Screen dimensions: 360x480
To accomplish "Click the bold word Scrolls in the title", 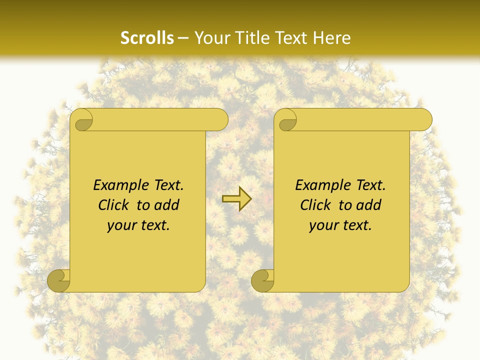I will pyautogui.click(x=147, y=38).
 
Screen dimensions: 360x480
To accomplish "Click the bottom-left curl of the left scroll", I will pyautogui.click(x=59, y=281).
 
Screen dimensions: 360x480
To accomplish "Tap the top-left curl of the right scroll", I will pyautogui.click(x=287, y=120).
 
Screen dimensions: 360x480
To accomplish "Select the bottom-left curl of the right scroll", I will pyautogui.click(x=263, y=281).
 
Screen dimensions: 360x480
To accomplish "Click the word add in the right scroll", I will pyautogui.click(x=369, y=205).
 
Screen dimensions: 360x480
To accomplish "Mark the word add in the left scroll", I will pyautogui.click(x=167, y=205).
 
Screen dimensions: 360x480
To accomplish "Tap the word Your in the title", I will pyautogui.click(x=209, y=38).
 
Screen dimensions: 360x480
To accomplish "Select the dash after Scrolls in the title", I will pyautogui.click(x=183, y=38).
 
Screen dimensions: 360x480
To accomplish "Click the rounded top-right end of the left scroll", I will pyautogui.click(x=220, y=120).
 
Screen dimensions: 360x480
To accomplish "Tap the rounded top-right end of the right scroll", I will pyautogui.click(x=424, y=120).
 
